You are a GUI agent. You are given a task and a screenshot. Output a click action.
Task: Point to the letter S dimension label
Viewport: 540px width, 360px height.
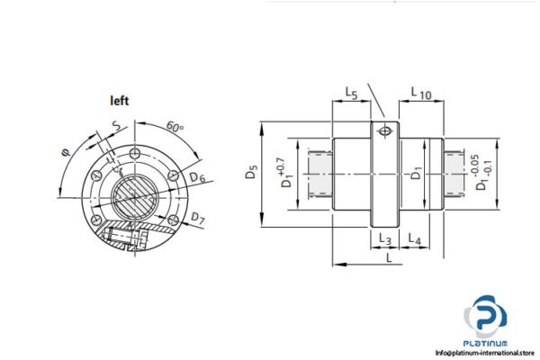[x=114, y=126]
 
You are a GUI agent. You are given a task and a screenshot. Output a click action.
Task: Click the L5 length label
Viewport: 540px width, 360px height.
[x=352, y=93]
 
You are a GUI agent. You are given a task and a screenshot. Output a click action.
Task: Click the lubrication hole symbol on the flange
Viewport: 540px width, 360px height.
[x=385, y=131]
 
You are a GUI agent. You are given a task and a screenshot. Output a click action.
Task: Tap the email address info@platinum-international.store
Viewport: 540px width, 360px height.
[x=486, y=352]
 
